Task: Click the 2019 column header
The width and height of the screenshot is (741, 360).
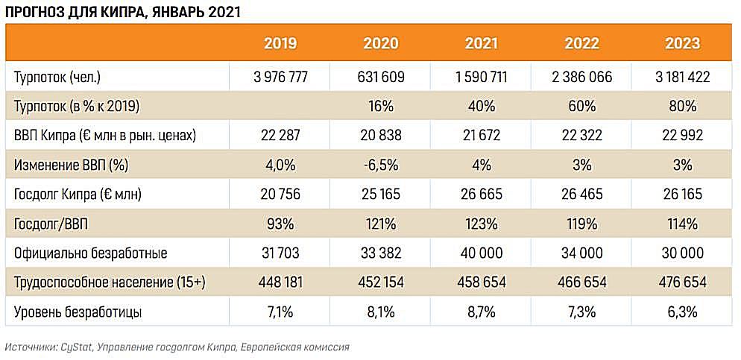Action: (x=280, y=43)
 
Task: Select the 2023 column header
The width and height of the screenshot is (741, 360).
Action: (x=683, y=43)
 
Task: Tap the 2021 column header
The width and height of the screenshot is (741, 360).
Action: (x=481, y=43)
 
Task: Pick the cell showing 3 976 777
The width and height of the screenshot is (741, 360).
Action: (x=280, y=78)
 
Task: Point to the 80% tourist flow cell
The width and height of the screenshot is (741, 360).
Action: (x=683, y=106)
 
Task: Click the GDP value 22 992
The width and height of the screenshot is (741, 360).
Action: (x=683, y=136)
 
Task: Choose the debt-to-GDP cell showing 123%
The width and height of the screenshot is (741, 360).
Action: (x=481, y=224)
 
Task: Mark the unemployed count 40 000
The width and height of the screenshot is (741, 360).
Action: (x=481, y=253)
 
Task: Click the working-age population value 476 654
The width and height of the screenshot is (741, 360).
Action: (x=683, y=282)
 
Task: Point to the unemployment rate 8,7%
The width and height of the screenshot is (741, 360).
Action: (x=481, y=312)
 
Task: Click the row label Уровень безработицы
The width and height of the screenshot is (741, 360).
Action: (x=79, y=312)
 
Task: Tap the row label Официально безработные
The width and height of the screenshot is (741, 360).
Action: (x=90, y=253)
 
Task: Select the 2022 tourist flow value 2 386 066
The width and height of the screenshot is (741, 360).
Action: (x=581, y=78)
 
